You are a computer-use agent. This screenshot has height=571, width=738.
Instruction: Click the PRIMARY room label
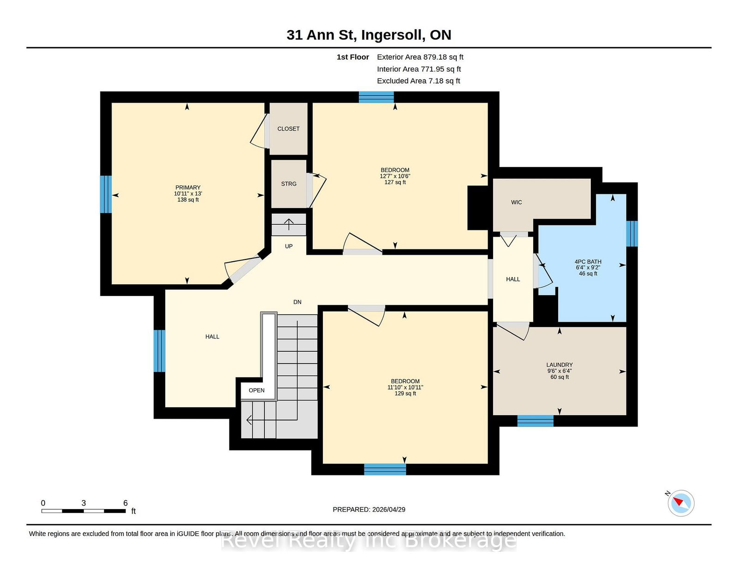[188, 187]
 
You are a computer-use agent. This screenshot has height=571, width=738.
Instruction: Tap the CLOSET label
[288, 128]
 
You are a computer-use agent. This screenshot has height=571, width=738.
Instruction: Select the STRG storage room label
[289, 184]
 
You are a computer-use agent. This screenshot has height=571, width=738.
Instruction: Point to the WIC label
[516, 202]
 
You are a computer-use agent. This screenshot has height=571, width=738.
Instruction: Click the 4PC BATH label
[588, 261]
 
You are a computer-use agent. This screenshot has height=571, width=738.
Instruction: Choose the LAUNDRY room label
[559, 365]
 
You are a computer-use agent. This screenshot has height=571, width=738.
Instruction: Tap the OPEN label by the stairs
[256, 390]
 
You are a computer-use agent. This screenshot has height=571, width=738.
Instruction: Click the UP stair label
[289, 246]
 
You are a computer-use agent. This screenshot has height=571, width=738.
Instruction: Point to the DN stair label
[297, 302]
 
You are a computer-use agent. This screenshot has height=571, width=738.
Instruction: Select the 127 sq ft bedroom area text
[395, 182]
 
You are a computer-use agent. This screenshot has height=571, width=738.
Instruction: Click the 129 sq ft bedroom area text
[405, 393]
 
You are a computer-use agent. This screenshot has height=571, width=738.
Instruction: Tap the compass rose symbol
[681, 503]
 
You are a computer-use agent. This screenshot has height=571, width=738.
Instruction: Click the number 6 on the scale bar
[125, 503]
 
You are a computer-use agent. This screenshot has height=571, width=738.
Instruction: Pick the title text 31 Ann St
[321, 35]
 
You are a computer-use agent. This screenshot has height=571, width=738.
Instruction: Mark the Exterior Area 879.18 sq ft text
[420, 57]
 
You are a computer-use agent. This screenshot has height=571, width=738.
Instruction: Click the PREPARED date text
[369, 510]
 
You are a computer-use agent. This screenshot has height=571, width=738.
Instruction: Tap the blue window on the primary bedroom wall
[106, 194]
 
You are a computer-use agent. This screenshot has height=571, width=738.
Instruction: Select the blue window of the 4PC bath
[632, 234]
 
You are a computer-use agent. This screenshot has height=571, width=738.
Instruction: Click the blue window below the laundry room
[535, 421]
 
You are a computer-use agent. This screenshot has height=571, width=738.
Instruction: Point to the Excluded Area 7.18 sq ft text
[418, 81]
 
